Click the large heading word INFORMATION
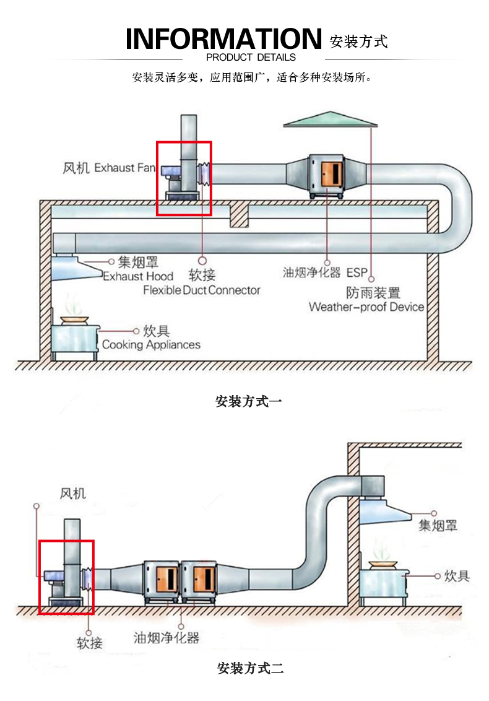[x=223, y=38]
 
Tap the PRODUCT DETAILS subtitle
[x=251, y=58]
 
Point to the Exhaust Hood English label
[x=137, y=277]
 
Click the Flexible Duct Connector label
[x=202, y=290]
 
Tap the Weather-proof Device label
[x=366, y=307]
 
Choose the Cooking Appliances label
[x=151, y=344]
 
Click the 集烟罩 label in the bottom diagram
[x=438, y=526]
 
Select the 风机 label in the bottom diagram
[x=72, y=494]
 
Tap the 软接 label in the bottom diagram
[x=90, y=643]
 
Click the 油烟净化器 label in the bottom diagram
[x=167, y=637]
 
